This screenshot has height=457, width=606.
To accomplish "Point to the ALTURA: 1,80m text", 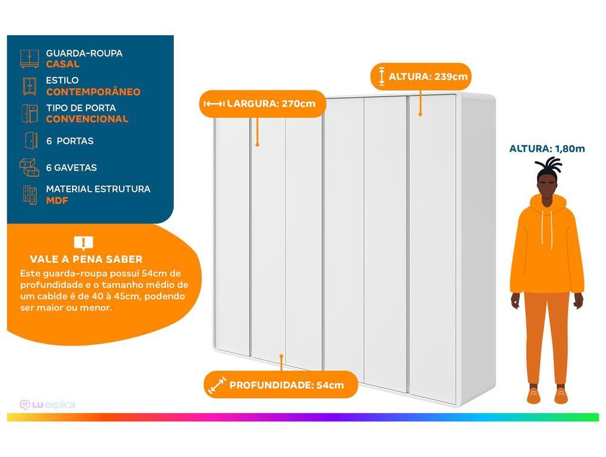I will pos(547,148).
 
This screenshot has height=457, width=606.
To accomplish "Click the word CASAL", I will pos(62,64).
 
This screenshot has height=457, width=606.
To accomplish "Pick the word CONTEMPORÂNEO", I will pos(93,92).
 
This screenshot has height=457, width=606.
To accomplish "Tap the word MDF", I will pos(57,200).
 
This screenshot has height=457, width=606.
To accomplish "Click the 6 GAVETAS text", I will pos(72,168).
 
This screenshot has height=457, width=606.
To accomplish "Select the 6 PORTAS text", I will pos(70,141).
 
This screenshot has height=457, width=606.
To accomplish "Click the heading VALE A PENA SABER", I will pos(86,259).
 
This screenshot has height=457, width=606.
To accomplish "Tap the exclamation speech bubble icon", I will pos(83,243).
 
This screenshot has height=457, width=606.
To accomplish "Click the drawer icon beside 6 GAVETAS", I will pos(29,167).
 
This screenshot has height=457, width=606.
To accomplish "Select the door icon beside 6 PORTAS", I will pos(30,140).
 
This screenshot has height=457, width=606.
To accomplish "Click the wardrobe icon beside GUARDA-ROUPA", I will pos(29,58).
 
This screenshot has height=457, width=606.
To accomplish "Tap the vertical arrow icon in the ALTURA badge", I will pos(381,77).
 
